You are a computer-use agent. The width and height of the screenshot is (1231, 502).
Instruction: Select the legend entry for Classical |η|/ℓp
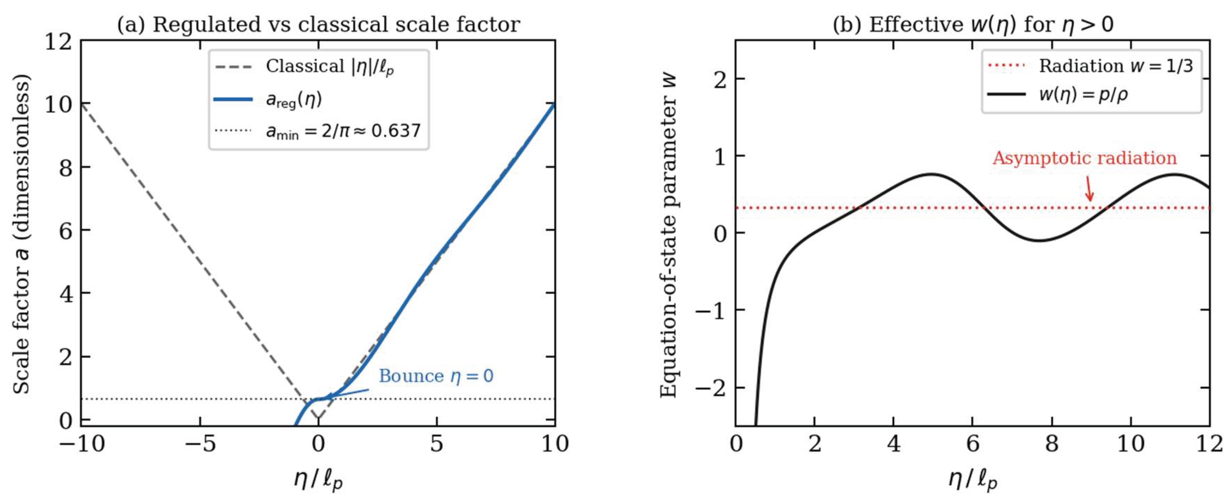(306, 67)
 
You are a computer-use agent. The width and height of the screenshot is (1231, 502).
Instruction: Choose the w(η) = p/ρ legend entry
(1058, 94)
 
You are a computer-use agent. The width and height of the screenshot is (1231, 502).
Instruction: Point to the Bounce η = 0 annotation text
(436, 376)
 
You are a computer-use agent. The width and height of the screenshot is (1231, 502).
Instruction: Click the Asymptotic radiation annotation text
(1084, 158)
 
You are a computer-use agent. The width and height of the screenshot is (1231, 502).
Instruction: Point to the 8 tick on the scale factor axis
(66, 167)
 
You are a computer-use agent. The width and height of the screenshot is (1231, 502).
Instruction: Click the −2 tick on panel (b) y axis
(710, 387)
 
